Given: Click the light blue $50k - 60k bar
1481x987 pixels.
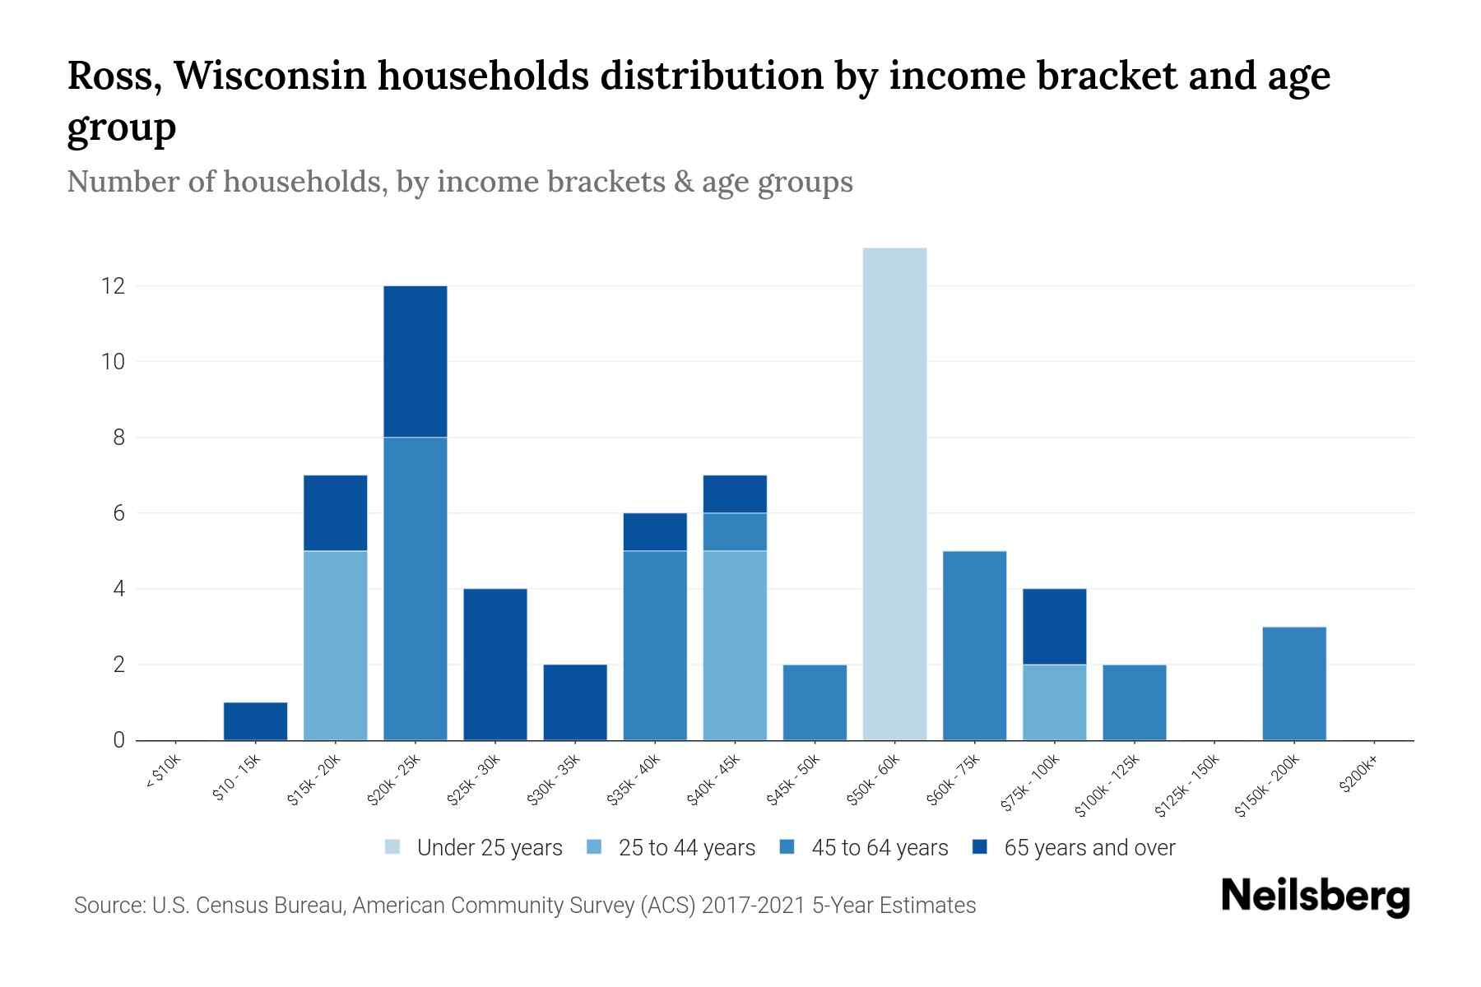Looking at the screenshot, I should tap(894, 493).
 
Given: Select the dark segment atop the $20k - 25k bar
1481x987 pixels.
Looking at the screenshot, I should tap(416, 362).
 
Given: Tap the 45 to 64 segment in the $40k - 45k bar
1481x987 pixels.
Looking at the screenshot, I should tap(735, 532).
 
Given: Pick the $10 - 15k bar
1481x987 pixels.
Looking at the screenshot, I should tap(255, 721).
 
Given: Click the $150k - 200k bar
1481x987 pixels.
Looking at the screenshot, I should tap(1294, 683).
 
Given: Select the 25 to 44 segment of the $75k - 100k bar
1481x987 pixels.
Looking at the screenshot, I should tap(1054, 702).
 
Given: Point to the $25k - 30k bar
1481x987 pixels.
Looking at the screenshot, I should tap(495, 665).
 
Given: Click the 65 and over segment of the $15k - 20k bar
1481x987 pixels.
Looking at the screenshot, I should tap(335, 513).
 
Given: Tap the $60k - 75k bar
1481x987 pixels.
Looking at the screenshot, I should tap(974, 646).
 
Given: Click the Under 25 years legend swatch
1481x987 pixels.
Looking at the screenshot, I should tap(393, 847).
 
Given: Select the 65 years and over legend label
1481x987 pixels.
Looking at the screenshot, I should tap(1089, 848).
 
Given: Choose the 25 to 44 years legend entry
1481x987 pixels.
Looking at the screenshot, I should tap(686, 848).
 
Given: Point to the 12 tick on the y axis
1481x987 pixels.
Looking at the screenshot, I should tap(112, 286).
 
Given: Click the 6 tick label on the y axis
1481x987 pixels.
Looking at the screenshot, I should tap(118, 513).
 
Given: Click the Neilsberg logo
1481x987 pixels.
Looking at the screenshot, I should tap(1315, 897).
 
